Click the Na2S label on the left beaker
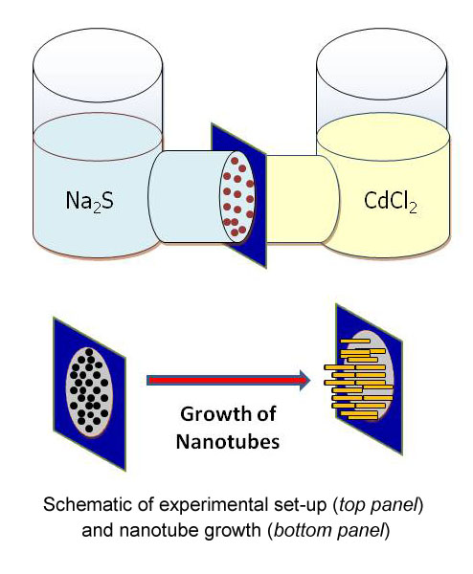point(90,201)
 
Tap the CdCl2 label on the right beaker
point(391,203)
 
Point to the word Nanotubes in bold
point(228,441)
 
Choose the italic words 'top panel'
point(378,505)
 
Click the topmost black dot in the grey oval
point(89,352)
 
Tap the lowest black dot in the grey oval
point(89,429)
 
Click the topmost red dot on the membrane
point(235,161)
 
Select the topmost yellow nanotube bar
point(355,341)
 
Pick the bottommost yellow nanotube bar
point(362,416)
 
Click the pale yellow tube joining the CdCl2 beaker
point(302,199)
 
